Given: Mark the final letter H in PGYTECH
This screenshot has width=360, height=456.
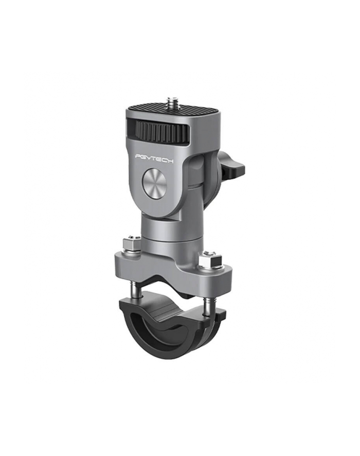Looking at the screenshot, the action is click(170, 161).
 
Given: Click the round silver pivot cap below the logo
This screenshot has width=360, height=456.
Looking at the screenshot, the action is click(154, 185).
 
